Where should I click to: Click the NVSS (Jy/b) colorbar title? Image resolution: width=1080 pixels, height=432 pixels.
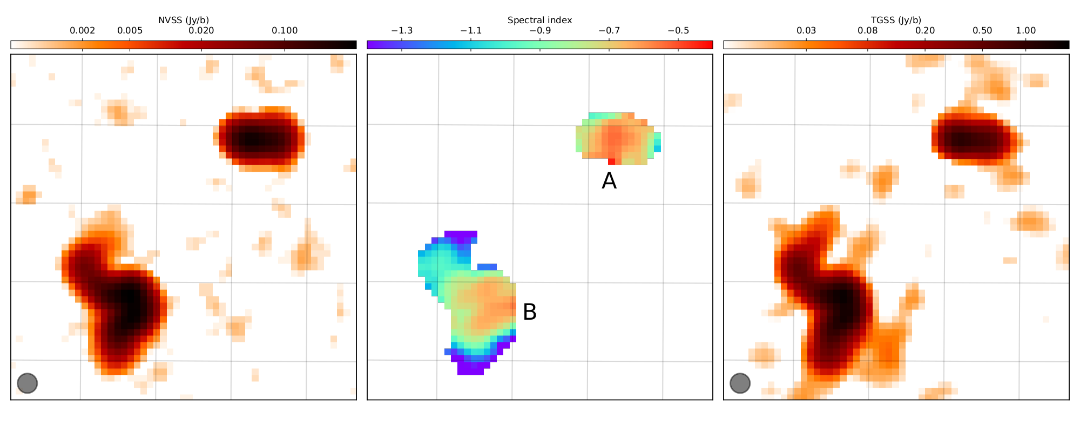[x=184, y=21]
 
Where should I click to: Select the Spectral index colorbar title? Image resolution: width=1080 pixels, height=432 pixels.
[x=539, y=21]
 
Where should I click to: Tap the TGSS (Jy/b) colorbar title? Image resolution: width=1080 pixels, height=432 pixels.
[x=896, y=21]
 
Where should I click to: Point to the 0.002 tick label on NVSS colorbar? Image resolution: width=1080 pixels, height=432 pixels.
[x=83, y=31]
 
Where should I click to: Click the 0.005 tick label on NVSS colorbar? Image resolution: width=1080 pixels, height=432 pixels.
[x=130, y=31]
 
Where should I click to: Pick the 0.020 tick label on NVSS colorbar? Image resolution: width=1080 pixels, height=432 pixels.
[x=201, y=31]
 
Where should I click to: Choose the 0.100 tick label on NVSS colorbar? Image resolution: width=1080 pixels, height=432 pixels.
[x=285, y=31]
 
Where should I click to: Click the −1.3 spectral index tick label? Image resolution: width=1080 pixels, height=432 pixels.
[x=402, y=31]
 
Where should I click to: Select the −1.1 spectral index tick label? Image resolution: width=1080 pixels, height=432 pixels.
[x=471, y=31]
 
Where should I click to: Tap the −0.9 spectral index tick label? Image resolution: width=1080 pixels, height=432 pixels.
[x=540, y=31]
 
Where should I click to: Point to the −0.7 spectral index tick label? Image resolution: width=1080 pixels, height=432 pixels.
[x=609, y=31]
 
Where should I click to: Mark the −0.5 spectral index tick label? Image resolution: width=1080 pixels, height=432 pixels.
[x=678, y=31]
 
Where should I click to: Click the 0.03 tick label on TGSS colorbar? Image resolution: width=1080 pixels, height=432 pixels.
[x=806, y=31]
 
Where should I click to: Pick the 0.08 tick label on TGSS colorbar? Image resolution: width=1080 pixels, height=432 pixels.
[x=868, y=31]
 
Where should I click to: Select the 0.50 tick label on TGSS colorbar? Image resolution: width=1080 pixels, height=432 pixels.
[x=982, y=31]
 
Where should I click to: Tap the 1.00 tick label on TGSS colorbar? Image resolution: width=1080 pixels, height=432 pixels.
[x=1026, y=31]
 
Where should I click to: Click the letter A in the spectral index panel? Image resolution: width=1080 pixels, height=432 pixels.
[x=609, y=181]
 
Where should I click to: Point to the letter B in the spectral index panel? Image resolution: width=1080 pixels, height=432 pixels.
[x=530, y=312]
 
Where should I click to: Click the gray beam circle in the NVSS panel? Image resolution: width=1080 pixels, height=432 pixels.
[x=27, y=383]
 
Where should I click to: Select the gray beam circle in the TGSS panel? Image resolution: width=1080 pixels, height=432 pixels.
[x=740, y=383]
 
